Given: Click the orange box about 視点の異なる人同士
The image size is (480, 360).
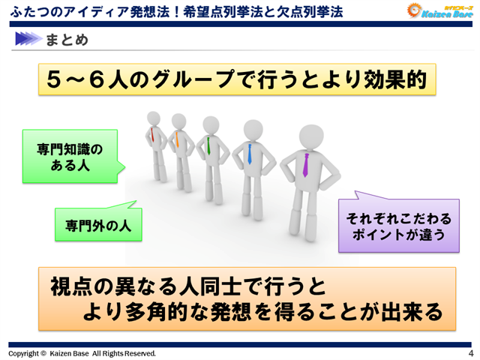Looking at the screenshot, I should click(247, 298).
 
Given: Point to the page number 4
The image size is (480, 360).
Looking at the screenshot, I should click(470, 353).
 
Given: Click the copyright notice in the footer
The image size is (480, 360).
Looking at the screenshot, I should click(82, 353).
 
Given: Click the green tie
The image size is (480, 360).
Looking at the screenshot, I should click(207, 145).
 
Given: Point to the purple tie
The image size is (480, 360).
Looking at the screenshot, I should click(305, 164).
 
